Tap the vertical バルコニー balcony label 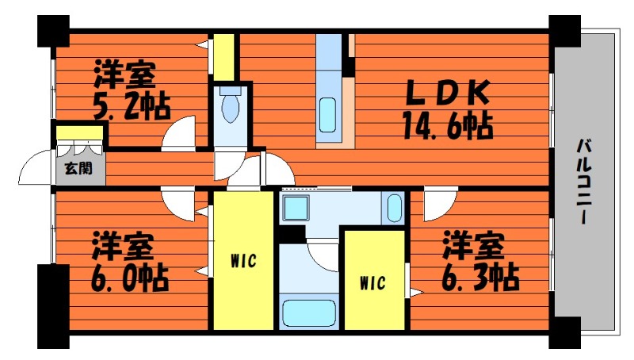point(586,182)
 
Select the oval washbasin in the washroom point(395,209)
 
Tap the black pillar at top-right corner point(565,32)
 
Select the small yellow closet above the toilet point(225,56)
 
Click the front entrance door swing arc point(35,169)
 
